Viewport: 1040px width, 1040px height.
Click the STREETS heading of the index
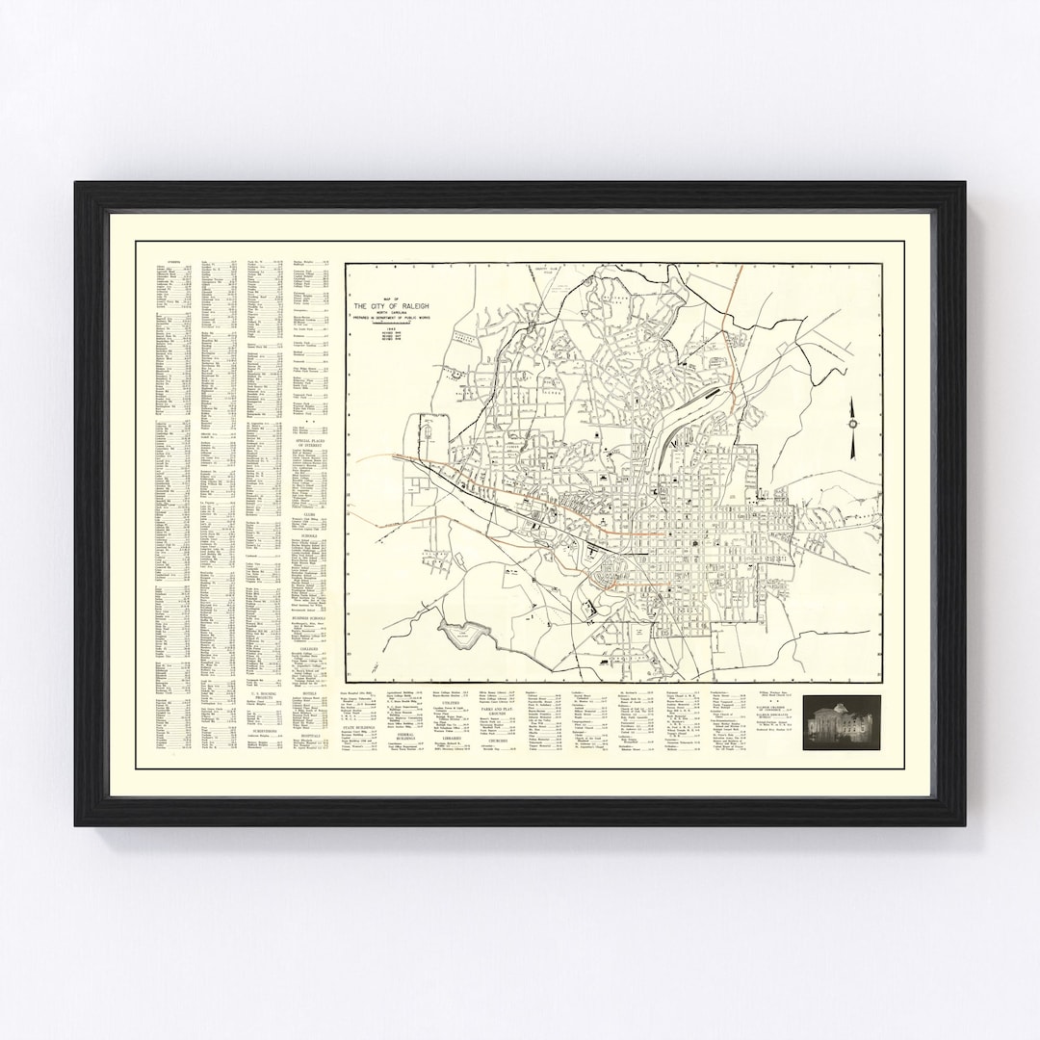click(x=173, y=261)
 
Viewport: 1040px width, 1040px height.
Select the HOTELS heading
click(x=309, y=692)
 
